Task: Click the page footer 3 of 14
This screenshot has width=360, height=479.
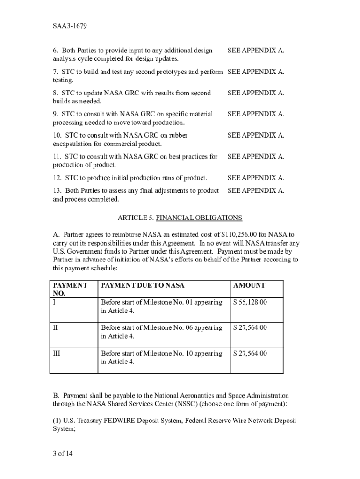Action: pos(63,453)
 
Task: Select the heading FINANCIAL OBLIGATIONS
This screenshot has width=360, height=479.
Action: pos(199,218)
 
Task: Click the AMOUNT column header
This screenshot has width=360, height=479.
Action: pos(249,285)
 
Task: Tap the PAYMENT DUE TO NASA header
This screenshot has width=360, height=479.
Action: pos(143,285)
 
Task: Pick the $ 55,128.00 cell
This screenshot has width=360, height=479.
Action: pos(250,302)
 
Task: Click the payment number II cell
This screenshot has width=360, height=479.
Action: pos(56,327)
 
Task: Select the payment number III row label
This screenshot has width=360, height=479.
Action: pos(57,353)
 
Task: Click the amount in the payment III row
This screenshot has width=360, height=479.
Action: pos(250,353)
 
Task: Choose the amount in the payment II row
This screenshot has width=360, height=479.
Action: pos(250,327)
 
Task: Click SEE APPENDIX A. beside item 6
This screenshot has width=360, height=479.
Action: pos(256,50)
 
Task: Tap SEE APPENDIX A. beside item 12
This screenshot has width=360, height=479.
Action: pos(256,178)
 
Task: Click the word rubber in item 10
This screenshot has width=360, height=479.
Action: pos(178,135)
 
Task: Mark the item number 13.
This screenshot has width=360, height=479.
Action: pos(58,190)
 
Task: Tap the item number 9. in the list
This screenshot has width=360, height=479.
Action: pos(56,114)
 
